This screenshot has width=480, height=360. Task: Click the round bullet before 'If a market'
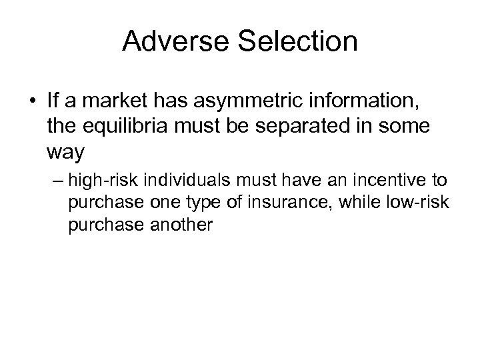pos(33,102)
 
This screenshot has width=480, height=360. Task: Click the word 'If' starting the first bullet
pos(53,102)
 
